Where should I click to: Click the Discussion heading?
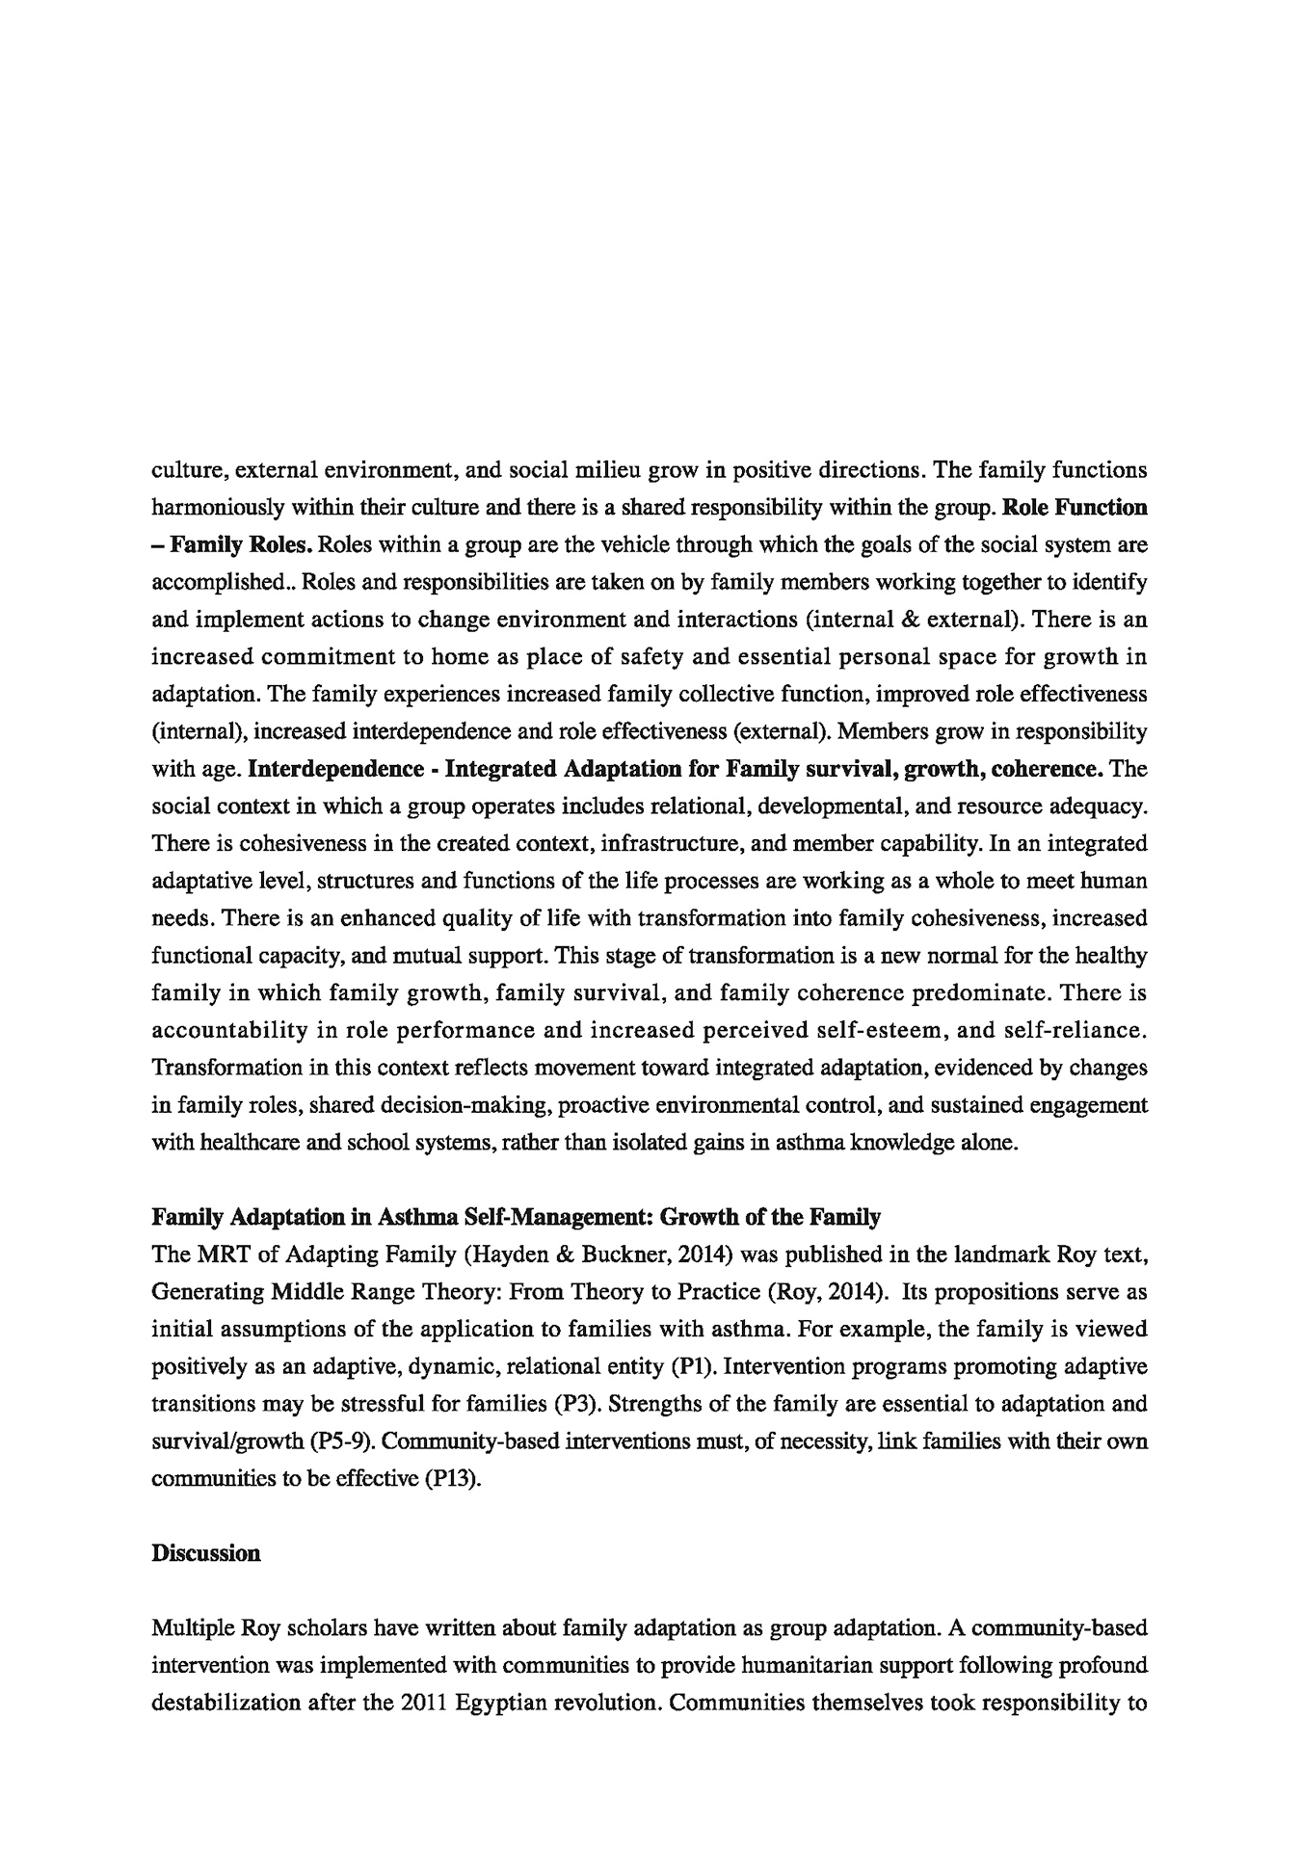pos(206,1553)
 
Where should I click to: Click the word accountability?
pos(226,1030)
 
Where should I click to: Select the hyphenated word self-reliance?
pos(1076,1030)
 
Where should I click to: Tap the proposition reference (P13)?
pos(452,1479)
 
